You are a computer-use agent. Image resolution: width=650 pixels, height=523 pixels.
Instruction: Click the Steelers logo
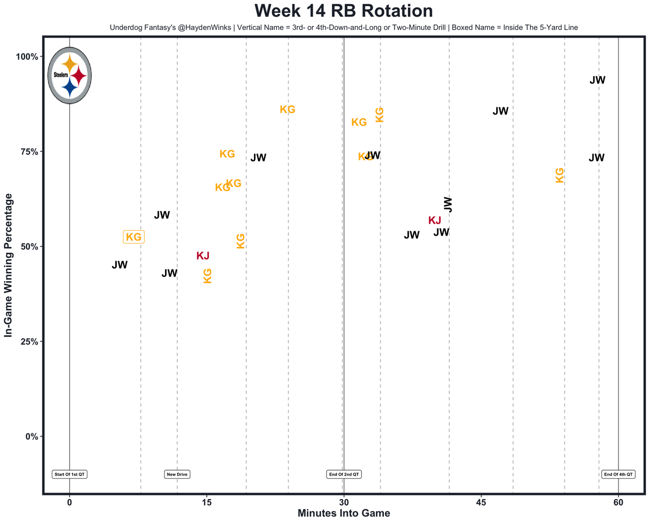tap(70, 75)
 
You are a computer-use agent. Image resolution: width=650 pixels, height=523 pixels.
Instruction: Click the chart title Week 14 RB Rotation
tap(343, 11)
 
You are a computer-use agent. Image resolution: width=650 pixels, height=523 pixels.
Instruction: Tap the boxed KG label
tap(134, 237)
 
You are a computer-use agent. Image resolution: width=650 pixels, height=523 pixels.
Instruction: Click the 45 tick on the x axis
tap(481, 502)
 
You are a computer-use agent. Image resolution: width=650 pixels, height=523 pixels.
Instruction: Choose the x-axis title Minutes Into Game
tap(343, 513)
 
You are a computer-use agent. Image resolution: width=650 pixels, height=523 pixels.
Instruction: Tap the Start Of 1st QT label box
tap(70, 474)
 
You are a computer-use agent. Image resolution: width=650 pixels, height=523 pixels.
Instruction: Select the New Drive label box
tap(177, 474)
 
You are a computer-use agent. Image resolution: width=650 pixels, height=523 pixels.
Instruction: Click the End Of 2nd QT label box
tap(344, 474)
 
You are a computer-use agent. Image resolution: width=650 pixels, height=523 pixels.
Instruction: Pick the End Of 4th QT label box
tap(618, 474)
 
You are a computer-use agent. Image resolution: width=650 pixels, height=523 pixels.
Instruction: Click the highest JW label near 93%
tap(597, 80)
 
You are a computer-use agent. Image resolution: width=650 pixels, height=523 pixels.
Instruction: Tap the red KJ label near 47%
tap(203, 256)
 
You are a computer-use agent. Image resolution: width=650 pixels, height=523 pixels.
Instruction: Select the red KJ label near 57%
tap(435, 221)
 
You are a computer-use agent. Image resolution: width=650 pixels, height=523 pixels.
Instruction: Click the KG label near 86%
tap(287, 109)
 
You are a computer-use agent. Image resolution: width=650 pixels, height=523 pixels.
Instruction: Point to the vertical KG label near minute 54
tap(559, 175)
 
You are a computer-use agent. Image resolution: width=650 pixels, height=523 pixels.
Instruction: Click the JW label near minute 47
tap(500, 111)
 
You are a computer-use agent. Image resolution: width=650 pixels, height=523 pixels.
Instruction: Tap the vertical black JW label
tap(448, 204)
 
